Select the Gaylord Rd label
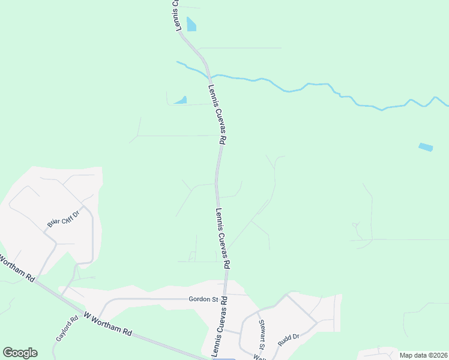click(67, 329)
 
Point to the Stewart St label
click(262, 334)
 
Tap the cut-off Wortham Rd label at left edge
click(16, 268)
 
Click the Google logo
click(20, 353)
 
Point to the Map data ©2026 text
click(423, 355)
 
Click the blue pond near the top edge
click(191, 24)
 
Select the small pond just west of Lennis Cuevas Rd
click(181, 100)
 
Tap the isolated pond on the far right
click(425, 147)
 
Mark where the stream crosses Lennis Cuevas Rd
click(209, 76)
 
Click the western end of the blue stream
click(178, 62)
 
